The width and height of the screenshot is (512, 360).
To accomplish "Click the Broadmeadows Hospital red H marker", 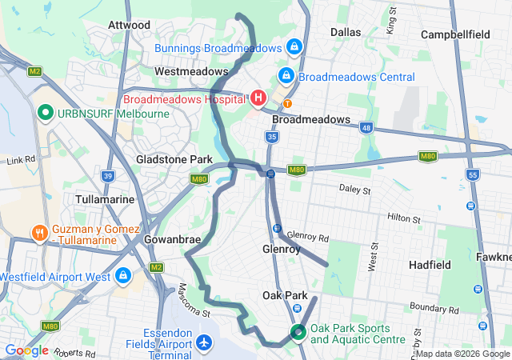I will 258,98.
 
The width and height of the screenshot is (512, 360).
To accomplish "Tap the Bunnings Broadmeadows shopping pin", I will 294,47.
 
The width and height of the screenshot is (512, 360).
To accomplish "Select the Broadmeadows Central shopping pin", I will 285,76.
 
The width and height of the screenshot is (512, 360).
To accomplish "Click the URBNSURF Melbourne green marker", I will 45,113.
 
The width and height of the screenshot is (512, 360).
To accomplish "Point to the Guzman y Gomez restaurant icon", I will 38,234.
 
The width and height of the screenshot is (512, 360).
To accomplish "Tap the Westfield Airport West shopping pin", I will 122,276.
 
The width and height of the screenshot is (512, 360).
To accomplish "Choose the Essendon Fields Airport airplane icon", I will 203,342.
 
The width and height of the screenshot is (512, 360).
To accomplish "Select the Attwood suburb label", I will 129,25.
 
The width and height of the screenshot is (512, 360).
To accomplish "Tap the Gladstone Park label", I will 174,159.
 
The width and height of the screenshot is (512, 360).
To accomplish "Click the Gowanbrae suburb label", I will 165,239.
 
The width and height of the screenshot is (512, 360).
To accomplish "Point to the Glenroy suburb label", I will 281,249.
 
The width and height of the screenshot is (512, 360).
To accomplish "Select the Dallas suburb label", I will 346,32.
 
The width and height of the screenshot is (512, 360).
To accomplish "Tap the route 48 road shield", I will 366,126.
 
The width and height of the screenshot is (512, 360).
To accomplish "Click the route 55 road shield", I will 473,174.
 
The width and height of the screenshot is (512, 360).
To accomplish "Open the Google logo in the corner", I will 26,350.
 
